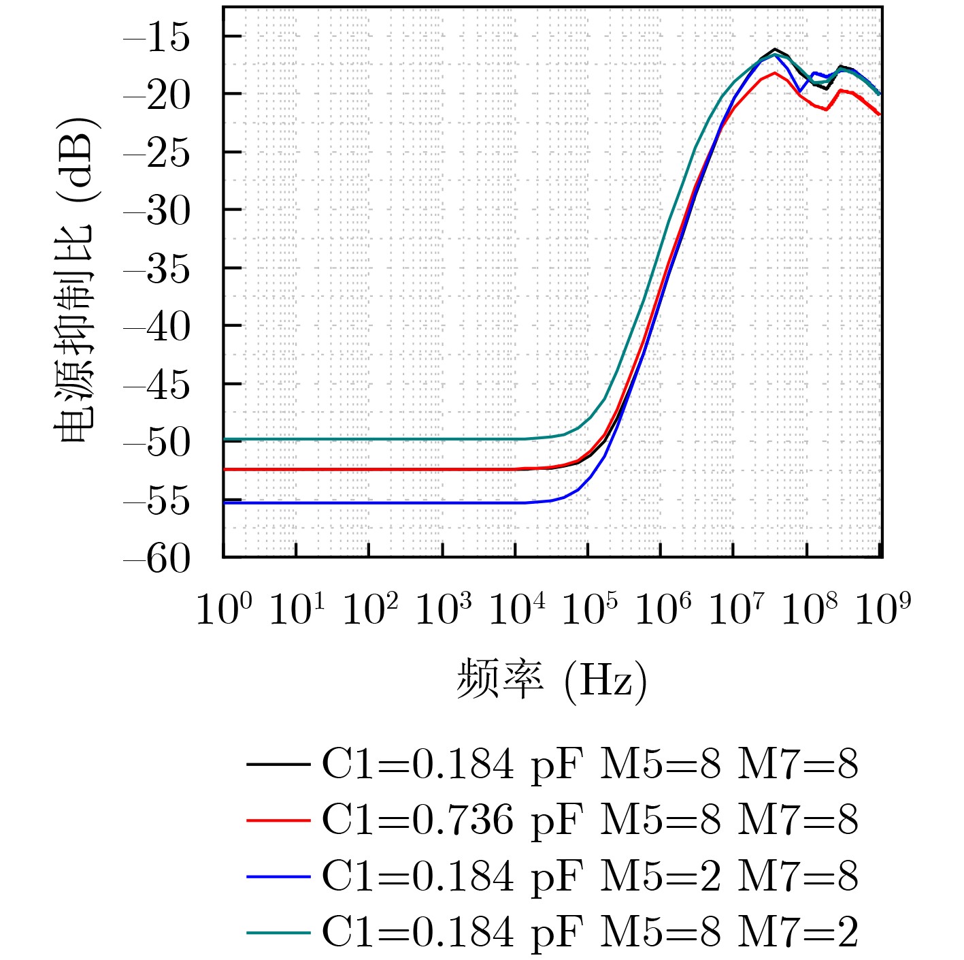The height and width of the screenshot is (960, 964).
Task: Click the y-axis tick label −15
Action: (156, 38)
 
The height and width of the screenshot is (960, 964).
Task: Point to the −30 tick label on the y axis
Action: (156, 212)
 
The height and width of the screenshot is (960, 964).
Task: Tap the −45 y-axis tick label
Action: (156, 386)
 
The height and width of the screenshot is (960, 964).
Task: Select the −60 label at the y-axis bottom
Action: (156, 560)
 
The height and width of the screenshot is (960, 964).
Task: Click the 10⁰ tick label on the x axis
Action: (224, 608)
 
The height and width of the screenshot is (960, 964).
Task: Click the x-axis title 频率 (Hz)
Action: (551, 679)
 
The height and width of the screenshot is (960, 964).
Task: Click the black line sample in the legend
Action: (278, 764)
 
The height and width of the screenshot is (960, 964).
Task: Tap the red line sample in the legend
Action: (278, 820)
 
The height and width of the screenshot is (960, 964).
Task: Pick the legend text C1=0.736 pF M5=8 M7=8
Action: (589, 820)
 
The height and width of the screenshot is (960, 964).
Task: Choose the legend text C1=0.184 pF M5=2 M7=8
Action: (589, 876)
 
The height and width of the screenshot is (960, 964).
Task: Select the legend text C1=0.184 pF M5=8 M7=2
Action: (589, 931)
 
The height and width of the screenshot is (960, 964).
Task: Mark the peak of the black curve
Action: (776, 50)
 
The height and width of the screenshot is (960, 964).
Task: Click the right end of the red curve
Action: (880, 114)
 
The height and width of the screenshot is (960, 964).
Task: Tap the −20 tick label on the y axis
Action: (156, 96)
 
